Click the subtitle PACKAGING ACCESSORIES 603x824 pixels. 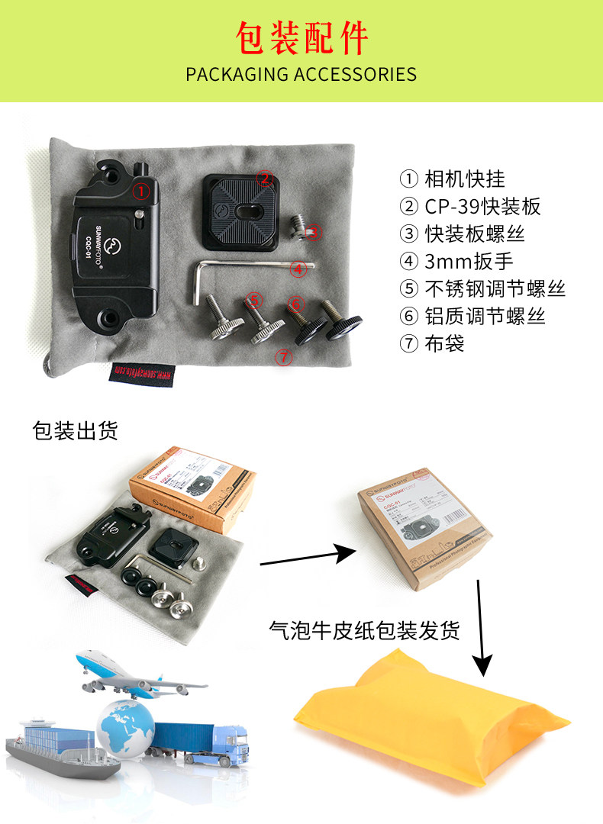tap(301, 75)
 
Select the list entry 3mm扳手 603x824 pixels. tap(457, 261)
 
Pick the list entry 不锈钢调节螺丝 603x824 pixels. tap(484, 288)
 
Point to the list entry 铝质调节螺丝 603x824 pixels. tap(473, 316)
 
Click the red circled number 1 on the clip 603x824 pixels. tap(140, 191)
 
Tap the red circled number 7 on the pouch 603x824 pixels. tap(284, 356)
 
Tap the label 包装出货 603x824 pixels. tap(75, 431)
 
